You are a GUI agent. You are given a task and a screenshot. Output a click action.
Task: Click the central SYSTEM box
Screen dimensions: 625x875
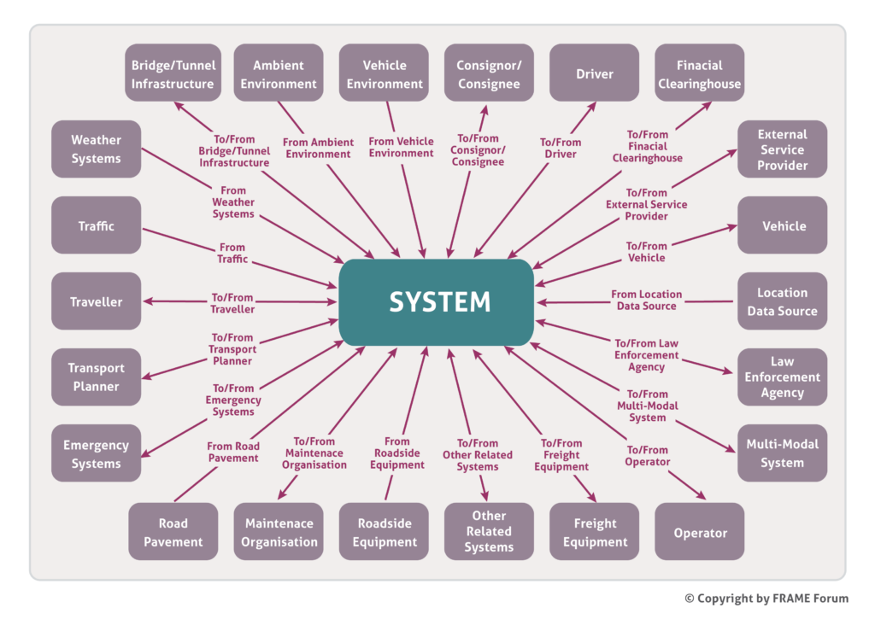pyautogui.click(x=437, y=302)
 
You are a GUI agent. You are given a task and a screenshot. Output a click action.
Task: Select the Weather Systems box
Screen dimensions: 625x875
pyautogui.click(x=96, y=149)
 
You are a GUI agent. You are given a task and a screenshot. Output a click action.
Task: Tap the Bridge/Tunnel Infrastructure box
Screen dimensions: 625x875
pyautogui.click(x=173, y=74)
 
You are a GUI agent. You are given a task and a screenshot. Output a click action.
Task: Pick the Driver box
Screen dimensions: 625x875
pyautogui.click(x=594, y=74)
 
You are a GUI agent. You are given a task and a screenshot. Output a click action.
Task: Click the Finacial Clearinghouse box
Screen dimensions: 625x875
pyautogui.click(x=699, y=74)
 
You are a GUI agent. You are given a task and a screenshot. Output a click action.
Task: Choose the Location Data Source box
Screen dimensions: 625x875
pyautogui.click(x=782, y=301)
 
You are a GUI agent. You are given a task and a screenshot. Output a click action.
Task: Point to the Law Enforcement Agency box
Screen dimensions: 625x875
pyautogui.click(x=782, y=377)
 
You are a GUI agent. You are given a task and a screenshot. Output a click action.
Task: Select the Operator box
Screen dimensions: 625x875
pyautogui.click(x=699, y=533)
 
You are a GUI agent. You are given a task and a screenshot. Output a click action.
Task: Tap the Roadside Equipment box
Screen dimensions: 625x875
pyautogui.click(x=384, y=533)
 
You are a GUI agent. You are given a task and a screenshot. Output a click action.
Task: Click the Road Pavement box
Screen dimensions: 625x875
pyautogui.click(x=173, y=533)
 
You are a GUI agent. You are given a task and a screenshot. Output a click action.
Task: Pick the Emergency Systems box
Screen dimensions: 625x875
pyautogui.click(x=96, y=454)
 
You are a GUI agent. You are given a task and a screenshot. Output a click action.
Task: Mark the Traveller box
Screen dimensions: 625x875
pyautogui.click(x=96, y=301)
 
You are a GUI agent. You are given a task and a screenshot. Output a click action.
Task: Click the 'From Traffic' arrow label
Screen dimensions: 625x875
pyautogui.click(x=232, y=254)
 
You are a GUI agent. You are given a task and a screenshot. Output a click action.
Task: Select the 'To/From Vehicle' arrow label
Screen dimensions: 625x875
pyautogui.click(x=646, y=252)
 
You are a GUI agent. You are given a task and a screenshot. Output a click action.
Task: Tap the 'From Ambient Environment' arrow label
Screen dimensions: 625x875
pyautogui.click(x=318, y=149)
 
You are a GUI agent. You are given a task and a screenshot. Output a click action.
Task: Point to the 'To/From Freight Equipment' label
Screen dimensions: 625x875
pyautogui.click(x=561, y=455)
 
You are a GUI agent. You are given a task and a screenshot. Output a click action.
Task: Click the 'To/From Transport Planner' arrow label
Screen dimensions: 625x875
pyautogui.click(x=232, y=349)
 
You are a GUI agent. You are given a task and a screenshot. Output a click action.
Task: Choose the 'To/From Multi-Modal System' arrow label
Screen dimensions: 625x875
pyautogui.click(x=647, y=406)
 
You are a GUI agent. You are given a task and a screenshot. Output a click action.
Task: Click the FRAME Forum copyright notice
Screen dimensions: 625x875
pyautogui.click(x=766, y=599)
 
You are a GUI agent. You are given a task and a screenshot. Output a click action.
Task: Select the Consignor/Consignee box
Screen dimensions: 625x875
pyautogui.click(x=489, y=74)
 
